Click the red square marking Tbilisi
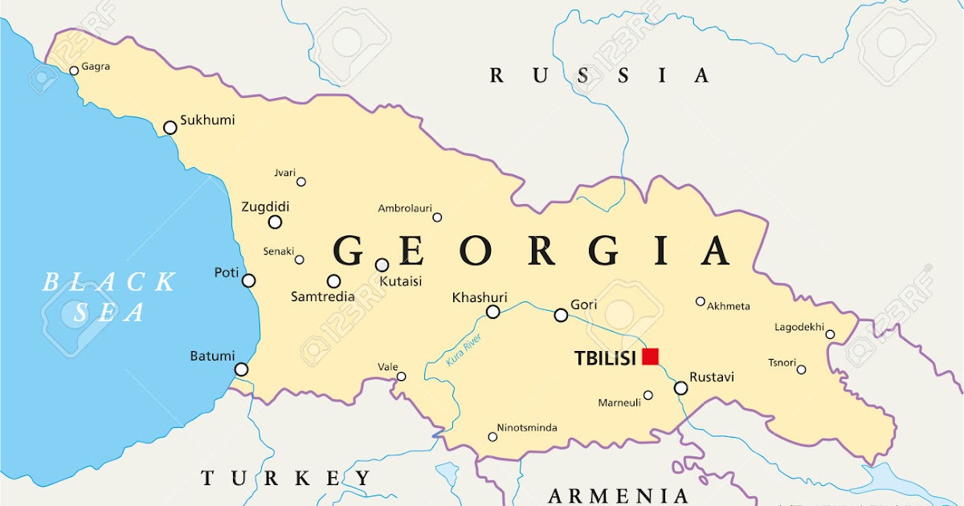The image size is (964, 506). point(650,357)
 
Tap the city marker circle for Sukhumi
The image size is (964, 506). point(170,128)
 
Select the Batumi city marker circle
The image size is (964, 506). point(241,369)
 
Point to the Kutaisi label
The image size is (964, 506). point(399,282)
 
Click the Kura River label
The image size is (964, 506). point(464,350)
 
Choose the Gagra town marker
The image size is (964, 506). point(74,71)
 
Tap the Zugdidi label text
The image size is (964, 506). point(265,207)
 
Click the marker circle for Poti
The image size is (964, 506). point(249,280)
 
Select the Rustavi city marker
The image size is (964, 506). point(681,388)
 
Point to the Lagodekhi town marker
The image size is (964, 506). point(830,335)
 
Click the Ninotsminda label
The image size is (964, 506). point(527,428)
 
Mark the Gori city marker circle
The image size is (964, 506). point(561,316)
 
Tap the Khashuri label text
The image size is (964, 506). point(480,298)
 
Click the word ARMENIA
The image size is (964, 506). point(618,496)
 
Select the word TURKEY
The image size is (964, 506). point(286,479)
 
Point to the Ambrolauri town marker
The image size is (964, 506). point(437,218)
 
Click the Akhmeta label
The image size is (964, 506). point(729,306)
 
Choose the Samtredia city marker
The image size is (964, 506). point(333,281)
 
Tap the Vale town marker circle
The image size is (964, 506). point(402,377)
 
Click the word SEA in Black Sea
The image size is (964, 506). point(109,313)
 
